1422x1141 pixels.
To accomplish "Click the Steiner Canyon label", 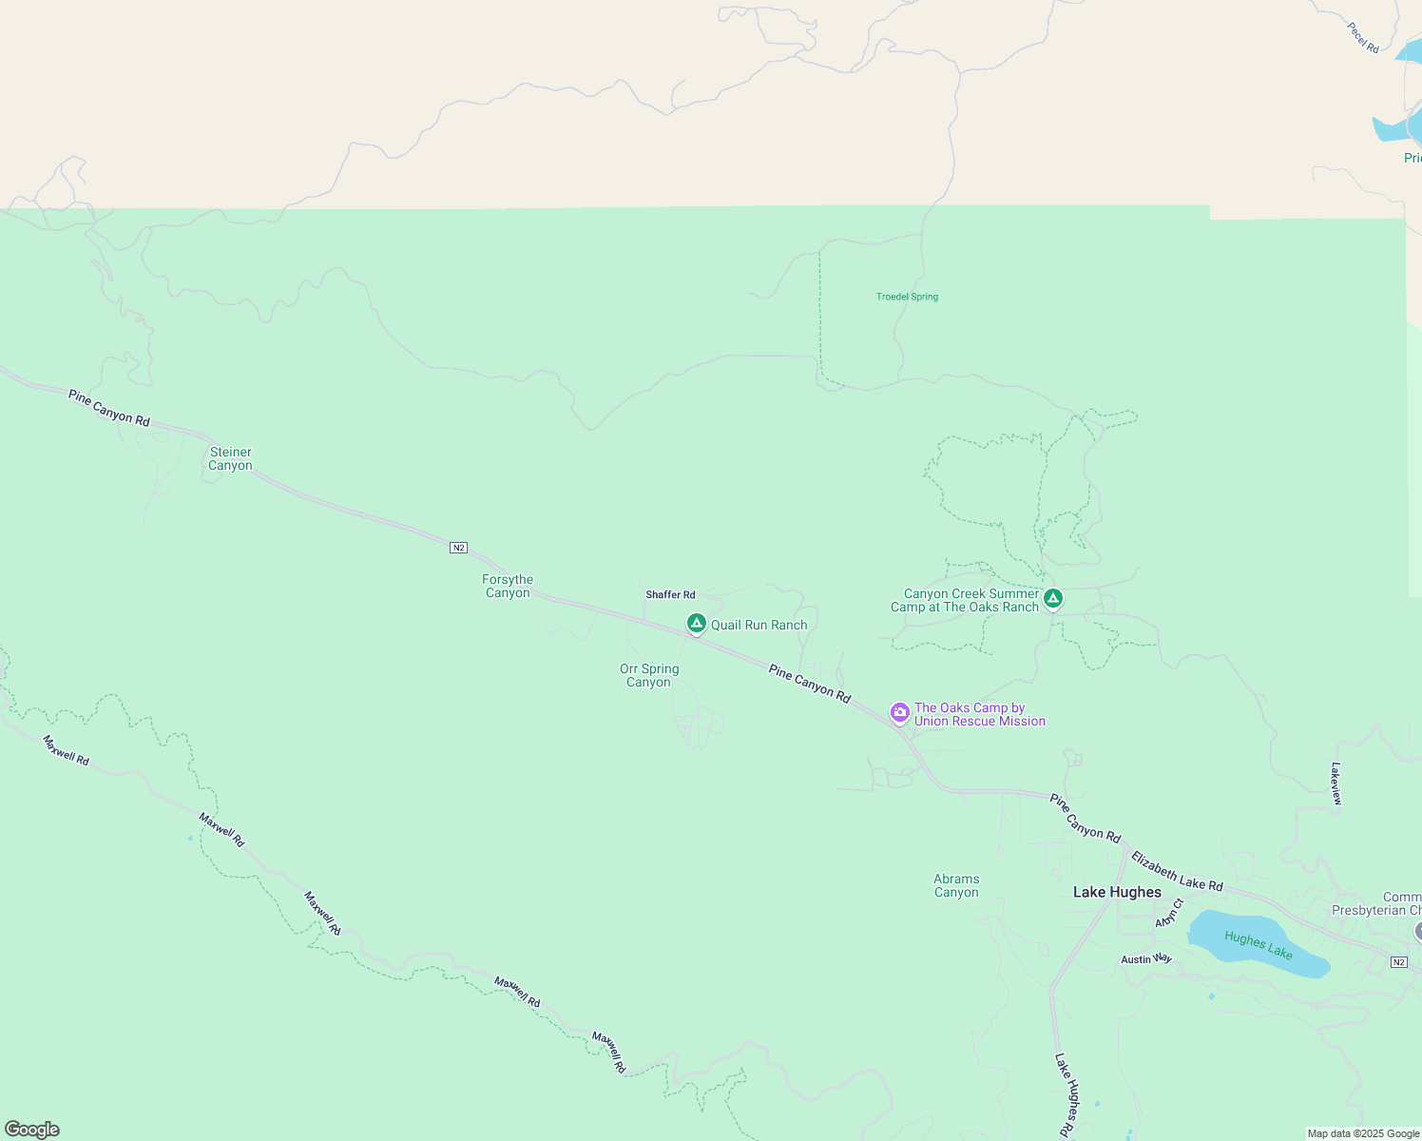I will [230, 458].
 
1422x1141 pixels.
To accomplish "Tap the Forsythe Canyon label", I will [508, 586].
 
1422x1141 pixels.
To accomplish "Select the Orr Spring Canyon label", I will [649, 675].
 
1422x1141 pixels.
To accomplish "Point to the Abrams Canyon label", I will [956, 885].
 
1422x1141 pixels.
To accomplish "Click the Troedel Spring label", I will [907, 297].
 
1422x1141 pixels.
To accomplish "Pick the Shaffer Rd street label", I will [670, 595].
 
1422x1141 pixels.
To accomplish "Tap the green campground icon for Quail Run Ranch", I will [696, 624].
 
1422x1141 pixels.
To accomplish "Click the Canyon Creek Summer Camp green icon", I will [1052, 599].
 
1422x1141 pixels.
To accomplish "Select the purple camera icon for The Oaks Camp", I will [899, 712].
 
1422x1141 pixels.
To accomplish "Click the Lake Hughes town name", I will [1117, 892].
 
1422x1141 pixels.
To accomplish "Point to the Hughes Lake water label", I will [1258, 945].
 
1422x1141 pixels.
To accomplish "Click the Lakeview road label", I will [1336, 783].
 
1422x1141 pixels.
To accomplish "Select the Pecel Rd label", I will [1363, 38].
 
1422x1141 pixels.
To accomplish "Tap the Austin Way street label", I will [1145, 959].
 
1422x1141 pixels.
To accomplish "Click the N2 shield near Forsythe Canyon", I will [458, 548].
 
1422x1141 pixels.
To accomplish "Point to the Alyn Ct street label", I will [1168, 914].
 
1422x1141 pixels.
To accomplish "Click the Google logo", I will [31, 1130].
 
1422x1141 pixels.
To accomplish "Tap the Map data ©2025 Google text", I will [1362, 1133].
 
